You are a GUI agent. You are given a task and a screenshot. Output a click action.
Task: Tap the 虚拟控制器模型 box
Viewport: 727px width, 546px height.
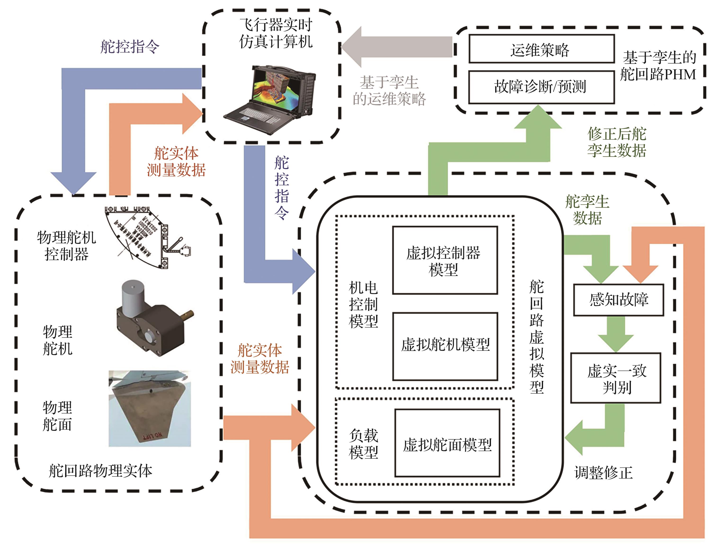pyautogui.click(x=445, y=260)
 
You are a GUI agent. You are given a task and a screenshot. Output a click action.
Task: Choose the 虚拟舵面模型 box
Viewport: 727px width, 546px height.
pyautogui.click(x=447, y=443)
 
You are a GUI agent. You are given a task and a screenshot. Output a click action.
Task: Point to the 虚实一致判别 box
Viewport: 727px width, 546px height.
pyautogui.click(x=615, y=378)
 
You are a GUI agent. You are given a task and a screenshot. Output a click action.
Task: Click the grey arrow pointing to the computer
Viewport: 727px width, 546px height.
pyautogui.click(x=394, y=47)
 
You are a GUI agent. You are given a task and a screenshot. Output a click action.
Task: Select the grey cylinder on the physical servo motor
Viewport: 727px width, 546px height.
pyautogui.click(x=132, y=294)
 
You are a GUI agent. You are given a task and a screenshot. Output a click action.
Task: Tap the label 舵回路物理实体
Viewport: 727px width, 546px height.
pyautogui.click(x=100, y=471)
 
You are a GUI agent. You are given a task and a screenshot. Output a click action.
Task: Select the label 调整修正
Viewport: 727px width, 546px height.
pyautogui.click(x=603, y=472)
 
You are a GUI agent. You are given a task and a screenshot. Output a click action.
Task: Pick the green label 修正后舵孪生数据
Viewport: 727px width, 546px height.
pyautogui.click(x=617, y=142)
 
